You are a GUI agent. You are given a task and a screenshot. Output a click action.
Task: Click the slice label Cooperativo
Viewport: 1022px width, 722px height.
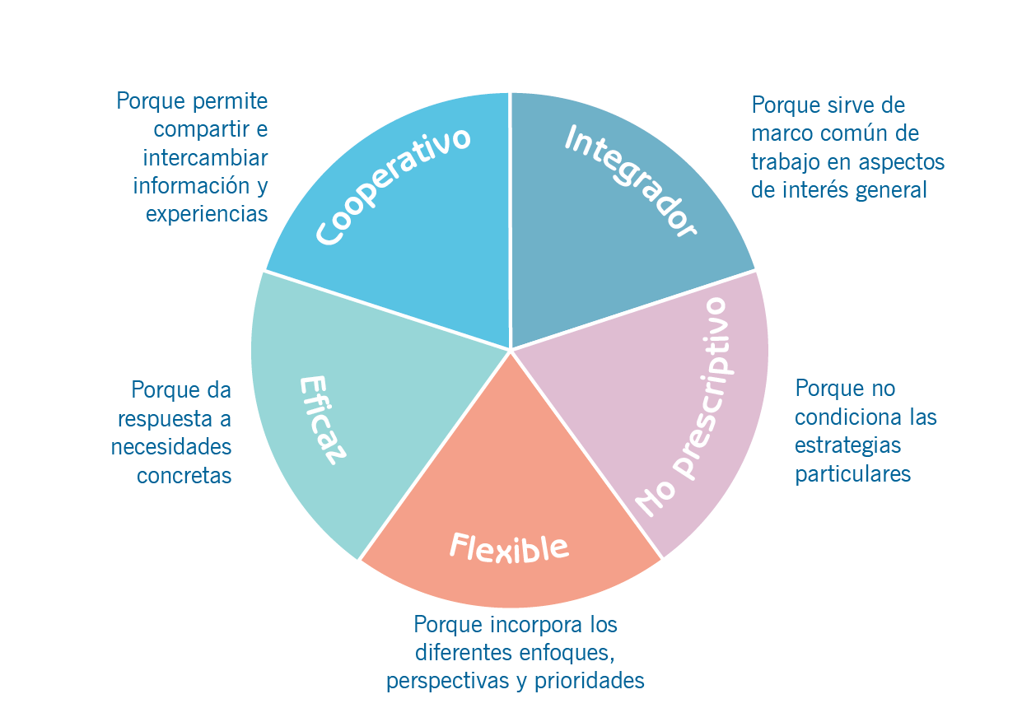(393, 186)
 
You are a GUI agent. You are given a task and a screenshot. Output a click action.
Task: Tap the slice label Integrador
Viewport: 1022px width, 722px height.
(630, 181)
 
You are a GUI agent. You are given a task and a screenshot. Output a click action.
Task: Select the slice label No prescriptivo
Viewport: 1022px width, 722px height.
(684, 408)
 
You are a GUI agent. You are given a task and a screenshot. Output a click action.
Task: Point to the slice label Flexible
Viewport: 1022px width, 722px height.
(509, 547)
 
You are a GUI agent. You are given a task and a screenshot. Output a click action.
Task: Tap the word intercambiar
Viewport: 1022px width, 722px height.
(205, 157)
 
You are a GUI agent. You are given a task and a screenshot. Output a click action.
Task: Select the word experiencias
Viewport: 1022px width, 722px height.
(207, 214)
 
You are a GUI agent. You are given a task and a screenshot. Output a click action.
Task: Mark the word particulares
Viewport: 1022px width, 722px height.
(852, 474)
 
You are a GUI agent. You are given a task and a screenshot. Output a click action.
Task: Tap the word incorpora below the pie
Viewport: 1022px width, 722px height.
(516, 624)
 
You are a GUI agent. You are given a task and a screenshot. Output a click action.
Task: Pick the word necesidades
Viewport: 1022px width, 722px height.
(171, 447)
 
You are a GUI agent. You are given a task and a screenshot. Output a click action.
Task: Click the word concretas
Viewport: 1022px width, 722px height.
(184, 476)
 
